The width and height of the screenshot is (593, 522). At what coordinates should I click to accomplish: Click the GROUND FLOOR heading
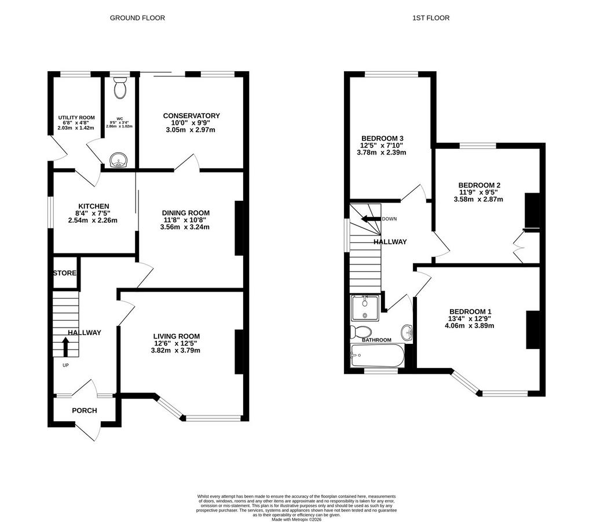tap(137, 18)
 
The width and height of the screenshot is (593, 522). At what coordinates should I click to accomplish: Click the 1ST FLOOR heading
tap(431, 18)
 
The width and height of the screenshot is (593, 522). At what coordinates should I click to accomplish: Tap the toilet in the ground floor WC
tap(120, 88)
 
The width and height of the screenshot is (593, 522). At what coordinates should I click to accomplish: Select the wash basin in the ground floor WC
tap(119, 160)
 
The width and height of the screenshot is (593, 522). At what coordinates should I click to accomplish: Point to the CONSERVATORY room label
tap(191, 116)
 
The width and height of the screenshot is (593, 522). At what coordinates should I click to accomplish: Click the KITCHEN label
tap(94, 206)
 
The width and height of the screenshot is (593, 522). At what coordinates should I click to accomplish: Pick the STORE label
tap(65, 273)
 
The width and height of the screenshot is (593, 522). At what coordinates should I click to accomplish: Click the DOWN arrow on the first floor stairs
tap(371, 219)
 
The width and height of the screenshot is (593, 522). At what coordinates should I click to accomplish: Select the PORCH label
tap(85, 410)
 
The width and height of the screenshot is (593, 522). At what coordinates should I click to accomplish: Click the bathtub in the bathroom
tap(378, 355)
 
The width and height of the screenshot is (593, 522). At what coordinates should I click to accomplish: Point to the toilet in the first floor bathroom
tap(361, 332)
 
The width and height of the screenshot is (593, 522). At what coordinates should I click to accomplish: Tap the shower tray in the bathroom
tap(365, 308)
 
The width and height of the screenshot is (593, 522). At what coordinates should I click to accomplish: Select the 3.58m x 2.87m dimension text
tap(478, 199)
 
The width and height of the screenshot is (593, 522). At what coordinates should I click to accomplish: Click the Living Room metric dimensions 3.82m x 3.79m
tap(175, 350)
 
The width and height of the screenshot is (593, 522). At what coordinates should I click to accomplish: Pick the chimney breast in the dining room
tap(239, 229)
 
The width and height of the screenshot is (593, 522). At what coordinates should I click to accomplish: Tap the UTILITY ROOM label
tap(76, 117)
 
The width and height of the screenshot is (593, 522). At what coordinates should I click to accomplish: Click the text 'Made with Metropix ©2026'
tap(296, 519)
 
